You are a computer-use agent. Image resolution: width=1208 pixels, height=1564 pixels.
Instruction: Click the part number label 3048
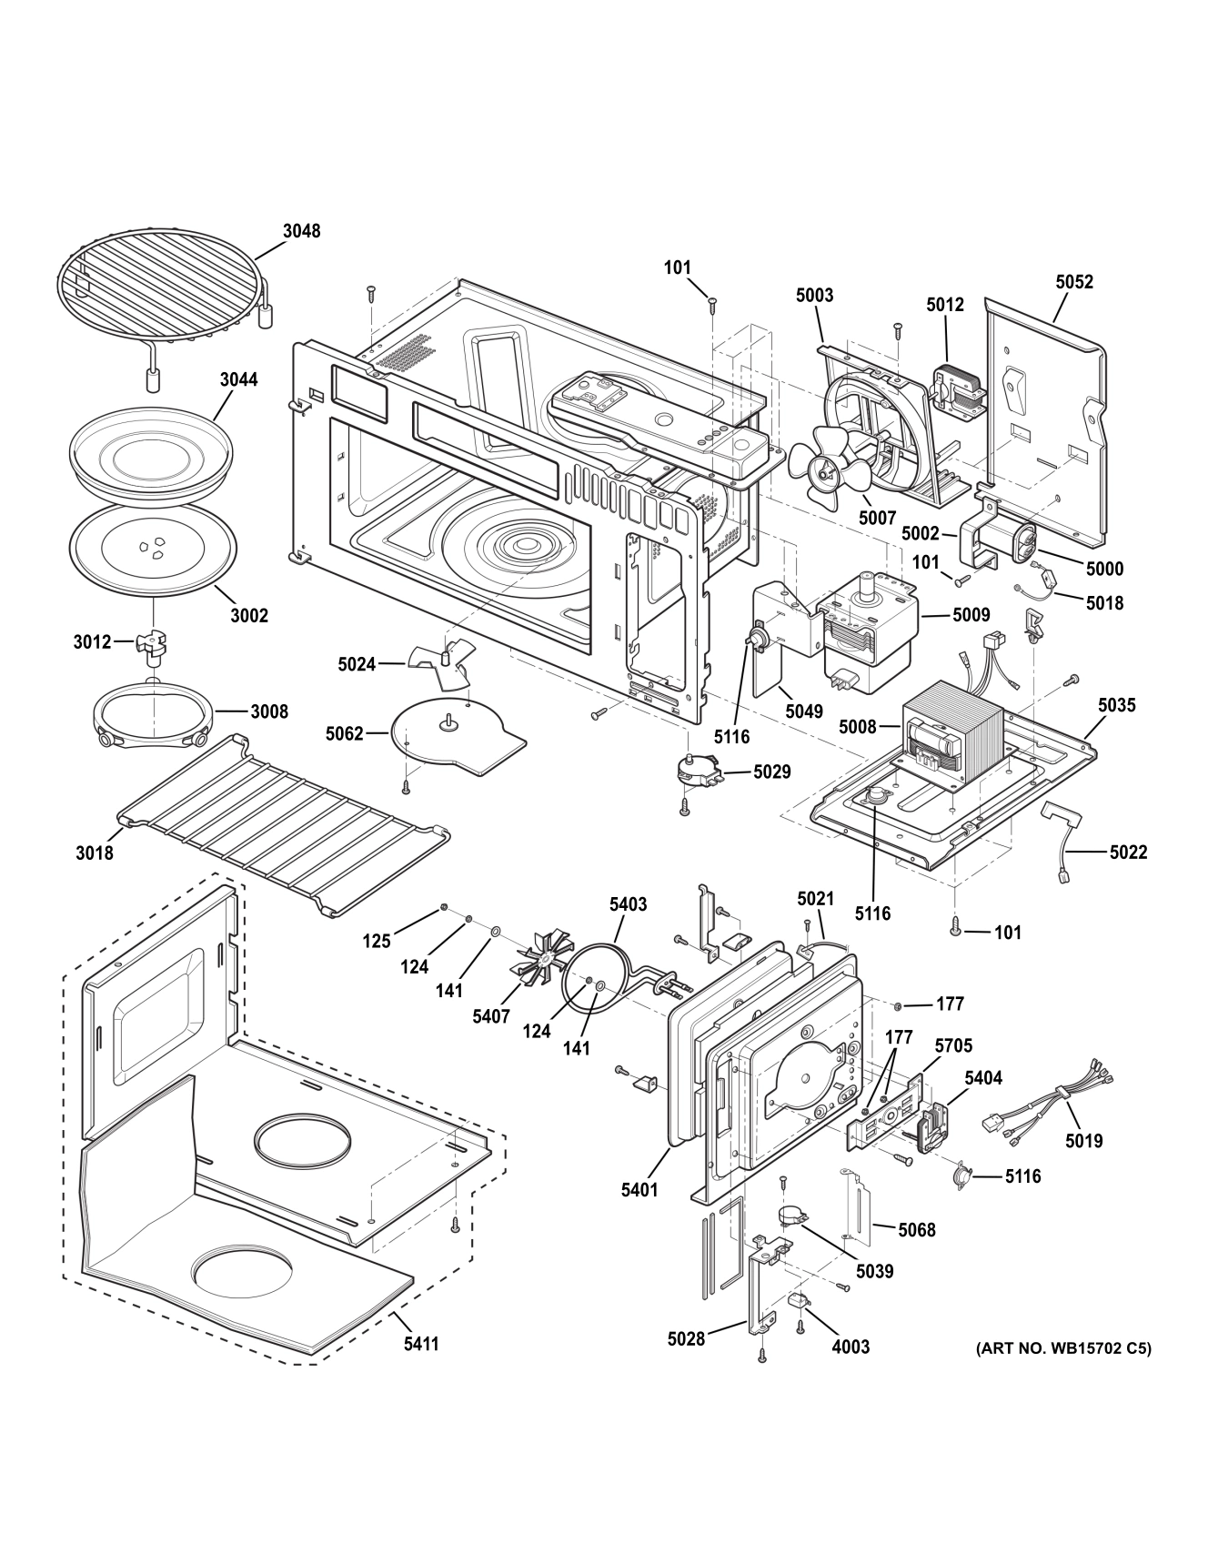coord(301,231)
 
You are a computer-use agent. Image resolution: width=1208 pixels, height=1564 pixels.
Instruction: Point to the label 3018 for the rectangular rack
coord(95,853)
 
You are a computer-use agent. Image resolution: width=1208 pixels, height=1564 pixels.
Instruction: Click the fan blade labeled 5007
coord(826,470)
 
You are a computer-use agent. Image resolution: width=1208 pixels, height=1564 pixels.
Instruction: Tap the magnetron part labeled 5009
coord(870,623)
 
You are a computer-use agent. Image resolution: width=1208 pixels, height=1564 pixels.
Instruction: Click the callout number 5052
coord(1074,282)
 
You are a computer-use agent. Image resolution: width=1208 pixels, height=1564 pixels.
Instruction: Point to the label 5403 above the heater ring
coord(628,903)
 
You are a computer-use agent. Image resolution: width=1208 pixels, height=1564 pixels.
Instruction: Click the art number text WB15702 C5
coord(1062,1347)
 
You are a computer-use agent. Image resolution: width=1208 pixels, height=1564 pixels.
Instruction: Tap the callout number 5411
coord(421,1343)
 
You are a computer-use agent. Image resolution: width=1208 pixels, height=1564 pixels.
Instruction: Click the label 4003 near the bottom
coord(851,1347)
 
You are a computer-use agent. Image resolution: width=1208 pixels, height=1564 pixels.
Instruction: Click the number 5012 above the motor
coord(945,305)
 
